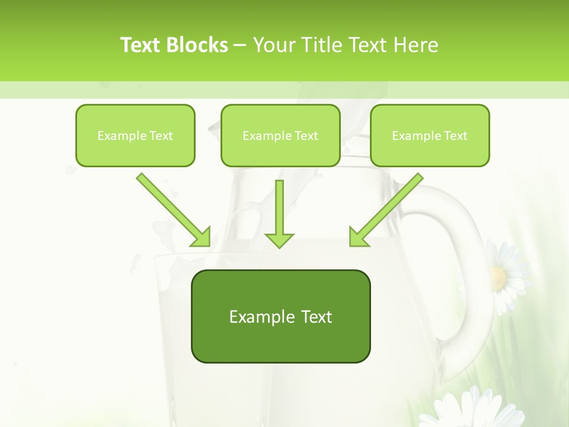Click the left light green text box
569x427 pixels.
pos(135,135)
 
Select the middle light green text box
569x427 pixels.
pos(280,135)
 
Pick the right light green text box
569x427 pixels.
pos(430,135)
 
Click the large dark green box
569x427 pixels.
pos(280,316)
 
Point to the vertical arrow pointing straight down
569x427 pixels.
pos(279,213)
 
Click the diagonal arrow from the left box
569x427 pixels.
pos(173,210)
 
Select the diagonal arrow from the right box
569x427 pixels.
pos(386,210)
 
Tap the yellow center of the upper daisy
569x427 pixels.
pos(499,276)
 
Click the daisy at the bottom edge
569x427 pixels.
pos(468,409)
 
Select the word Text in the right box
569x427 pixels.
pos(455,136)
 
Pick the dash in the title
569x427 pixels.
pos(241,46)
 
